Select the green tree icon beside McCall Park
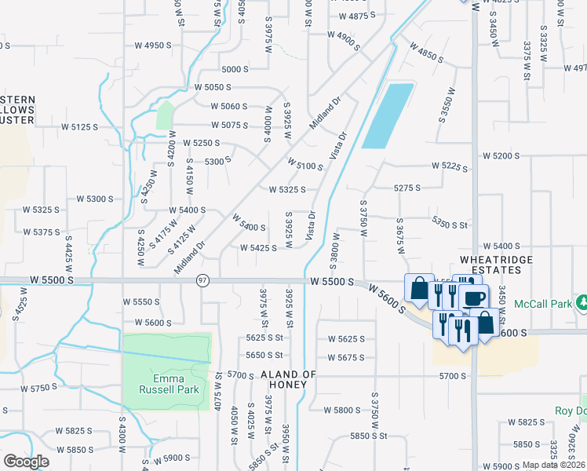coord(582,302)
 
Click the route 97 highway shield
coord(202,281)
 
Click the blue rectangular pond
coord(388,115)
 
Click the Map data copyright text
coord(553,465)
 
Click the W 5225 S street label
coord(450,167)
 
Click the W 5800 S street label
coord(346,410)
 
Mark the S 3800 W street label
coord(336,250)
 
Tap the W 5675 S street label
coord(346,357)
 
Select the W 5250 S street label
coord(201,143)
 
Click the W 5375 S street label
coord(42,232)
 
